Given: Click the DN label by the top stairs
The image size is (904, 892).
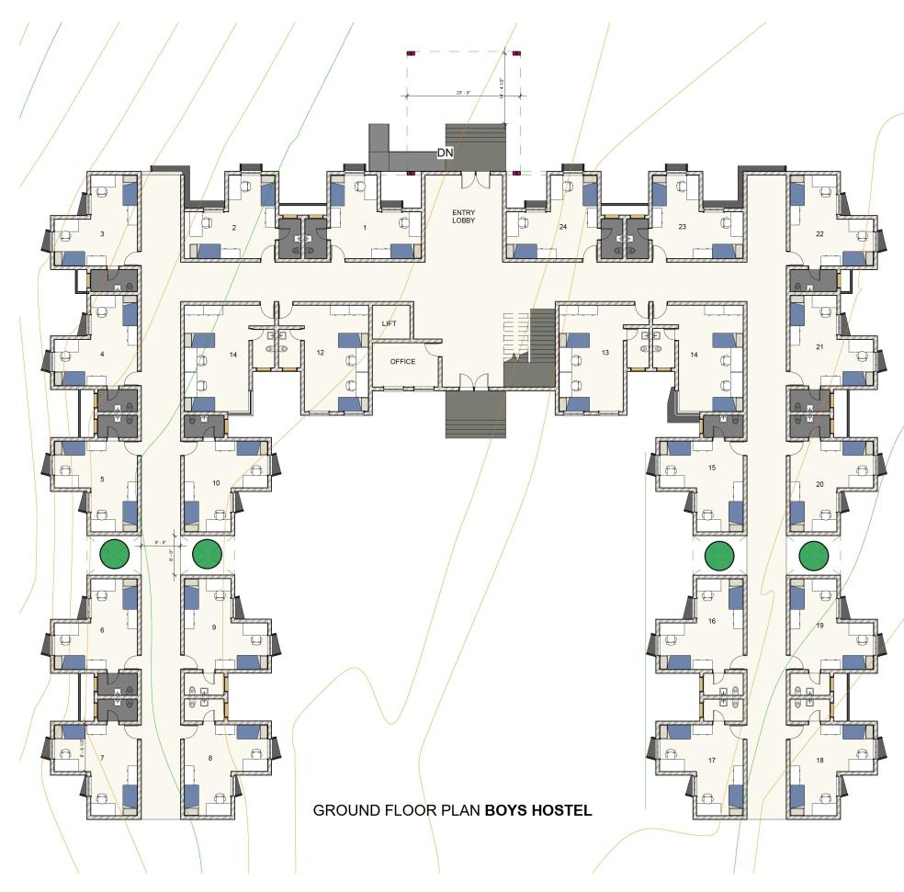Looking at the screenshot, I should [x=445, y=152].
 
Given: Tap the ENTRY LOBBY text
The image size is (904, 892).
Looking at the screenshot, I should [x=463, y=216].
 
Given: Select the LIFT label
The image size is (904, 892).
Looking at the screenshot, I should [x=389, y=323].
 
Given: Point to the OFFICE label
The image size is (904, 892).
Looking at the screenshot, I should [x=402, y=362].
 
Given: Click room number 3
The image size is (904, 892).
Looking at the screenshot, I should [x=102, y=234].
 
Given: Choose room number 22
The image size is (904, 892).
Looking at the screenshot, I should [x=819, y=234].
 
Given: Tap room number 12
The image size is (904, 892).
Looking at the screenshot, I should [x=321, y=353].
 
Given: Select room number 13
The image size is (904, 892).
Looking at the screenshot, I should [x=605, y=353].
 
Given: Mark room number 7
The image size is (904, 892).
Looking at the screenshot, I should [x=102, y=758].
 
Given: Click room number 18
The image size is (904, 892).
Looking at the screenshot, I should [x=819, y=762].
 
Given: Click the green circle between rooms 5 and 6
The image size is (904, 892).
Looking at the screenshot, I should [x=114, y=554].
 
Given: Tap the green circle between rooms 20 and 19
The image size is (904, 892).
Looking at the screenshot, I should [x=814, y=556].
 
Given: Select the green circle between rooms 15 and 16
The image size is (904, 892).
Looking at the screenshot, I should [x=719, y=556].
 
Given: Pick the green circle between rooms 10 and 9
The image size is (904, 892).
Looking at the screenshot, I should [x=208, y=554].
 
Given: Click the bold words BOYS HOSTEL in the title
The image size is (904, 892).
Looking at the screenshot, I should [x=538, y=811].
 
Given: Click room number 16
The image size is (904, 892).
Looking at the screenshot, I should [x=712, y=622].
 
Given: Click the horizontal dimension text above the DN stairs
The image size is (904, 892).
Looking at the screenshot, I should [x=463, y=92].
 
